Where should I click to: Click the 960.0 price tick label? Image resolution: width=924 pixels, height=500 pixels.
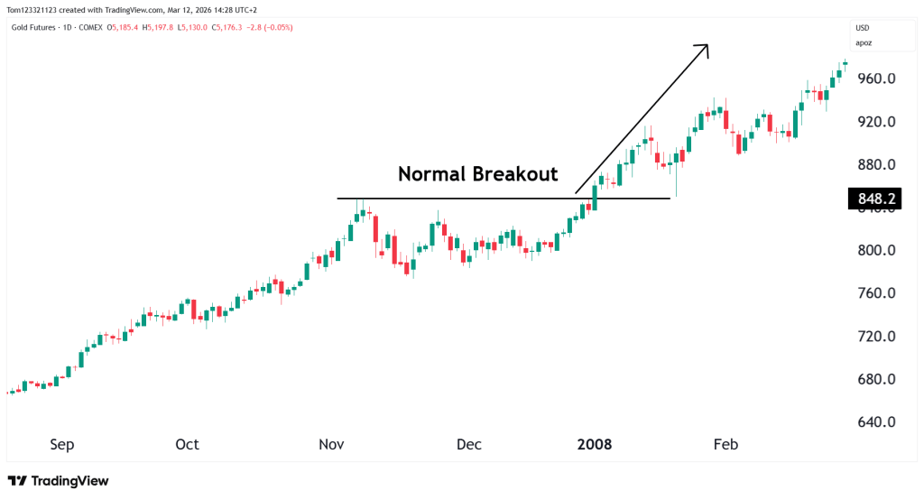click(875, 79)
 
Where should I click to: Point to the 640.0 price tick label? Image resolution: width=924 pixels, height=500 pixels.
click(875, 422)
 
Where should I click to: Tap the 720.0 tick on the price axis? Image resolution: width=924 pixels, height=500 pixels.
click(875, 337)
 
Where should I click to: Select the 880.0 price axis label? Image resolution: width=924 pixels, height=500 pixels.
click(875, 165)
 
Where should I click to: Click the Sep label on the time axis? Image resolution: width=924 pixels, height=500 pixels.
click(62, 445)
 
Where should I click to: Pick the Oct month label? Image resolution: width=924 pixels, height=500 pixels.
click(187, 445)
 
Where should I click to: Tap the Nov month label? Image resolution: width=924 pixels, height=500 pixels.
click(330, 445)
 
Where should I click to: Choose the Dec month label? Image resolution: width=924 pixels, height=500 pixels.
click(469, 445)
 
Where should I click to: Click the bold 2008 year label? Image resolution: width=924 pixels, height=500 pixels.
click(595, 445)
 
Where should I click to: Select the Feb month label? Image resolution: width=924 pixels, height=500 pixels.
click(725, 445)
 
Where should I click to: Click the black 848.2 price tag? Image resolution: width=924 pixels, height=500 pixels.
click(875, 199)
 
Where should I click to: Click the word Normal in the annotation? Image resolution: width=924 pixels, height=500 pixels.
click(428, 174)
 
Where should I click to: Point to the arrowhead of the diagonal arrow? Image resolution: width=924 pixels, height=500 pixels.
click(705, 47)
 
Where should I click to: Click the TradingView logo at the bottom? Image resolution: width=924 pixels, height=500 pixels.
click(58, 481)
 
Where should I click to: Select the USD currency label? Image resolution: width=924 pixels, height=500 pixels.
click(863, 28)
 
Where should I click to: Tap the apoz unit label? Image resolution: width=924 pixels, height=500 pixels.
click(864, 42)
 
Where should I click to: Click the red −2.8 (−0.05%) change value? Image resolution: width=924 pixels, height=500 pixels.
click(267, 27)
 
